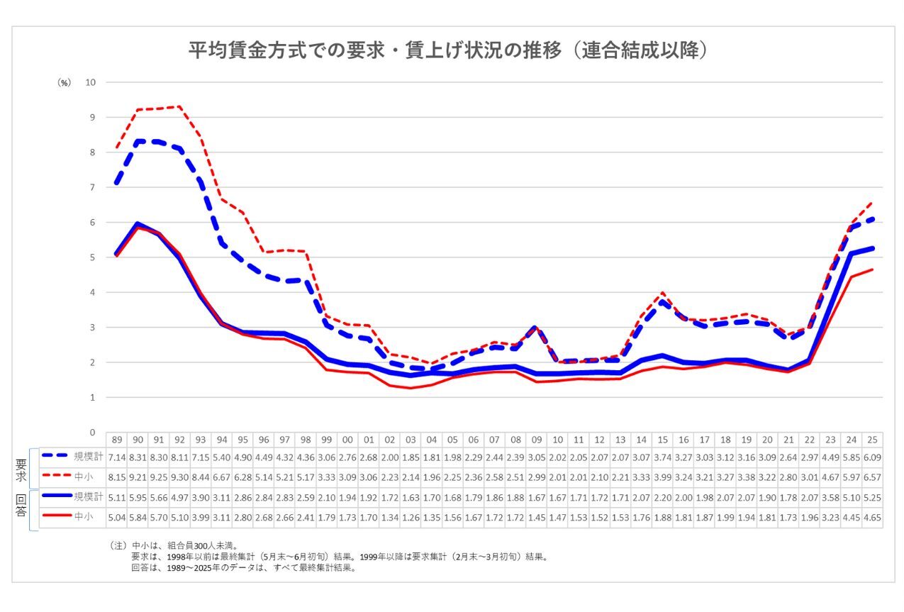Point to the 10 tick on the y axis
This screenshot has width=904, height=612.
click(x=91, y=82)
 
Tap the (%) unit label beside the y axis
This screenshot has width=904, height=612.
click(x=64, y=83)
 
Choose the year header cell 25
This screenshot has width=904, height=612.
click(x=872, y=440)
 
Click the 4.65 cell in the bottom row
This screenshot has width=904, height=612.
click(x=872, y=517)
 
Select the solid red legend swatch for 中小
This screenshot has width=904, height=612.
click(x=56, y=517)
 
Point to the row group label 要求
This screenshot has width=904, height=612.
click(x=21, y=467)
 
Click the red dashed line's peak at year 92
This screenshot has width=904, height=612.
click(x=179, y=106)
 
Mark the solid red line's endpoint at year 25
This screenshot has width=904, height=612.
click(x=872, y=269)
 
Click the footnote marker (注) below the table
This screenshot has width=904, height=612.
click(x=118, y=546)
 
